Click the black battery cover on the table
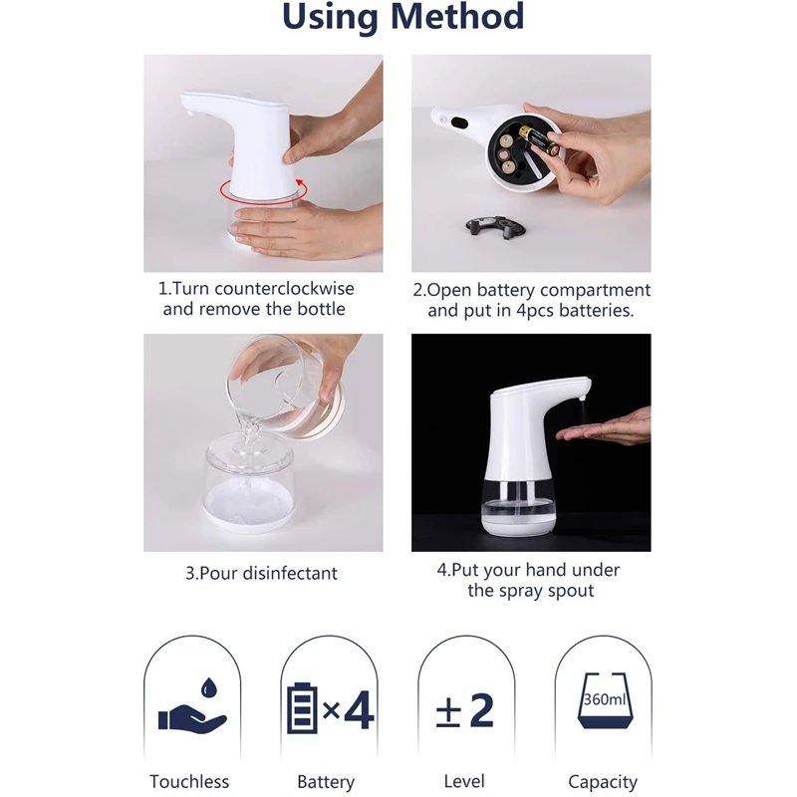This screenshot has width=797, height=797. (496, 226)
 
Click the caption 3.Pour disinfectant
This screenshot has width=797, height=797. (262, 573)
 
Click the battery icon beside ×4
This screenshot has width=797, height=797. (302, 709)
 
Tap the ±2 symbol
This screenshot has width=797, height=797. (465, 709)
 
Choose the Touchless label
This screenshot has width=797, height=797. (189, 782)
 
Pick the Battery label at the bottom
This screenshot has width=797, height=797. (326, 782)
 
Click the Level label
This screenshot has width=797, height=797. (464, 782)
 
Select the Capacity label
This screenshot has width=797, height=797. (603, 782)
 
